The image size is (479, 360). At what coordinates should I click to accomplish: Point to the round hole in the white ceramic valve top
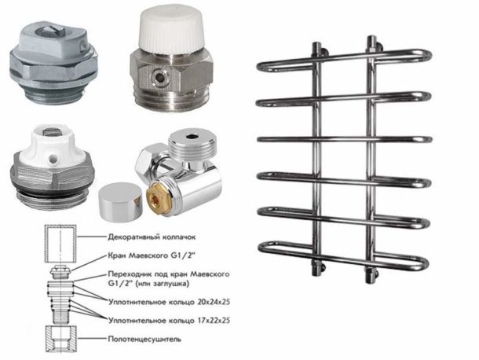point(52,158)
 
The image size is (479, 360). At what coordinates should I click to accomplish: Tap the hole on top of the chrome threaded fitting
point(192,135)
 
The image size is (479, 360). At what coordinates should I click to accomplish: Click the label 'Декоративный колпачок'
point(152,237)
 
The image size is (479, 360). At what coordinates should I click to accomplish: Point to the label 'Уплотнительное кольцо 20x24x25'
point(169,302)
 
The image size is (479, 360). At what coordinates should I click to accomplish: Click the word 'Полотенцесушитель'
point(144,340)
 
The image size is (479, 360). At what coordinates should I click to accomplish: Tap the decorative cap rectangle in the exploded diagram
point(60,244)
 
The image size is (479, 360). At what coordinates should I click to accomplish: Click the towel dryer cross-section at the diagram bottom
point(60,339)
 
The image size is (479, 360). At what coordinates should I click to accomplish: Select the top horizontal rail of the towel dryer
point(344,61)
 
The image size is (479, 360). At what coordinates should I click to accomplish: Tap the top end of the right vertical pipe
point(371,39)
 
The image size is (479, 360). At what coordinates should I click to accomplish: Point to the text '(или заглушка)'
point(163,284)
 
